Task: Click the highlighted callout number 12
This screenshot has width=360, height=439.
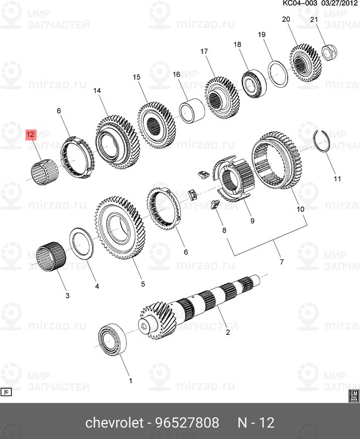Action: tap(30, 134)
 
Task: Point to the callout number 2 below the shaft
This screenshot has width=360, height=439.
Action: tap(228, 331)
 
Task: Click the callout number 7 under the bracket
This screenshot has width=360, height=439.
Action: tap(281, 262)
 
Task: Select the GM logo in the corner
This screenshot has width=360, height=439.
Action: tap(353, 396)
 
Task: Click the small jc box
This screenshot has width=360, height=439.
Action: tap(7, 392)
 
